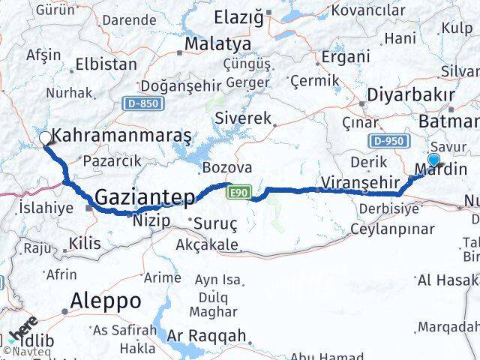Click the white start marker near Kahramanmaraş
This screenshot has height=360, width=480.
(45, 138)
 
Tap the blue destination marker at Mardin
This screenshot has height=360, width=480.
(433, 159)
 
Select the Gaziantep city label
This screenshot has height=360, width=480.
(145, 197)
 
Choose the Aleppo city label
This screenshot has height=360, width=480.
(105, 301)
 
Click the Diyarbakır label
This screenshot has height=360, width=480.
(410, 95)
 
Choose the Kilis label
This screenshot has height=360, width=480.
(84, 242)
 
